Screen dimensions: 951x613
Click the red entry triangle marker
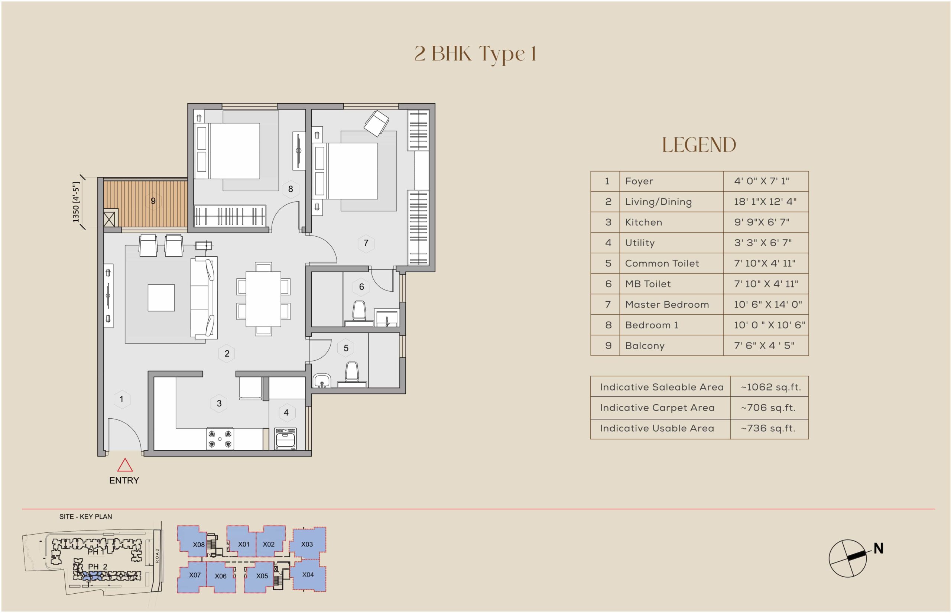coord(125,465)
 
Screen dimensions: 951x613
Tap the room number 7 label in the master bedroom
coord(366,243)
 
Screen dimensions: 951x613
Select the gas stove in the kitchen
coord(220,439)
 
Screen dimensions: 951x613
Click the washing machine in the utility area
coord(285,439)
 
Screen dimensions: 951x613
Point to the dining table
coord(263,299)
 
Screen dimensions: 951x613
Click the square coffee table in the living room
coord(161,298)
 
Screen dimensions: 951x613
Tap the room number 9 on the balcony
coord(153,201)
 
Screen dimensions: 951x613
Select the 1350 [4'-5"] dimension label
coord(76,202)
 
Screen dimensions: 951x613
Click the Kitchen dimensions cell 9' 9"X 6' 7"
coord(762,222)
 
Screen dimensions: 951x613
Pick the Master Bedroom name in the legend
coord(667,305)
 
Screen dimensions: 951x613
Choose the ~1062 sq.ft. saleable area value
coord(771,387)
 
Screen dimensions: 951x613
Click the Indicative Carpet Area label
coord(657,408)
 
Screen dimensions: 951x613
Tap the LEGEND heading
coord(699,145)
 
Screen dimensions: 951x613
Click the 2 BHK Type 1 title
coord(475,54)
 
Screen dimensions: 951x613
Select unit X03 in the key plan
coord(307,544)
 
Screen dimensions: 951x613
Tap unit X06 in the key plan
coord(220,576)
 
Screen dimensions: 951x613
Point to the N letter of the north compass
coord(879,548)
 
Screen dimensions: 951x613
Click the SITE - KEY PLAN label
coord(85,517)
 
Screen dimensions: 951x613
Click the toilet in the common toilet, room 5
coord(352,374)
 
